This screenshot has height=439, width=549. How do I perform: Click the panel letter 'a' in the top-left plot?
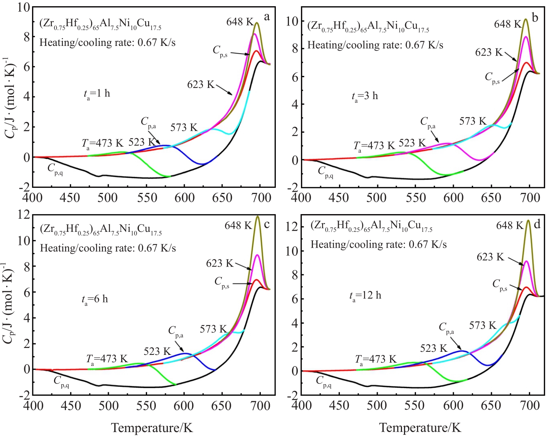267,17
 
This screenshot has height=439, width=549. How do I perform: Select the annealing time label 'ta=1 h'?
96,94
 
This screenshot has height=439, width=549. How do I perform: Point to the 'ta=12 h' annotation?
365,296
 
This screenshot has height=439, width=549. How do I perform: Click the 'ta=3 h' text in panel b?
365,96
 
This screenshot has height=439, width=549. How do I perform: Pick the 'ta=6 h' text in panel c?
95,299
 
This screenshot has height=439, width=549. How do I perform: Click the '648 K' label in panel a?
240,22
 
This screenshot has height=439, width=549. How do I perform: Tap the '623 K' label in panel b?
489,52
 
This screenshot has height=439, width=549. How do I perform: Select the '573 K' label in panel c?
213,329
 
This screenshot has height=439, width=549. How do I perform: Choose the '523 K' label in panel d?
433,349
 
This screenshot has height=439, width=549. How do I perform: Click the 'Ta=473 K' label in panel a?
102,144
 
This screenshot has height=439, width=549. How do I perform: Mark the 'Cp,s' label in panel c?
222,282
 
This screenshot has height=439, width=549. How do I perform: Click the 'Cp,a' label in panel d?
446,328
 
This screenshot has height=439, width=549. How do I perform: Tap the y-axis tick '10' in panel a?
24,7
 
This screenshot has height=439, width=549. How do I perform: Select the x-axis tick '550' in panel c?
146,405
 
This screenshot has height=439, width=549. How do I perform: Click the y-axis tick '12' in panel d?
292,226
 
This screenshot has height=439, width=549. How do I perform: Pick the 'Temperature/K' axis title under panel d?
420,428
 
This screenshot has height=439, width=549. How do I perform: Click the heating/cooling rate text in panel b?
375,45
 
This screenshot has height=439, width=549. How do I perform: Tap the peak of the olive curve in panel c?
258,216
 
